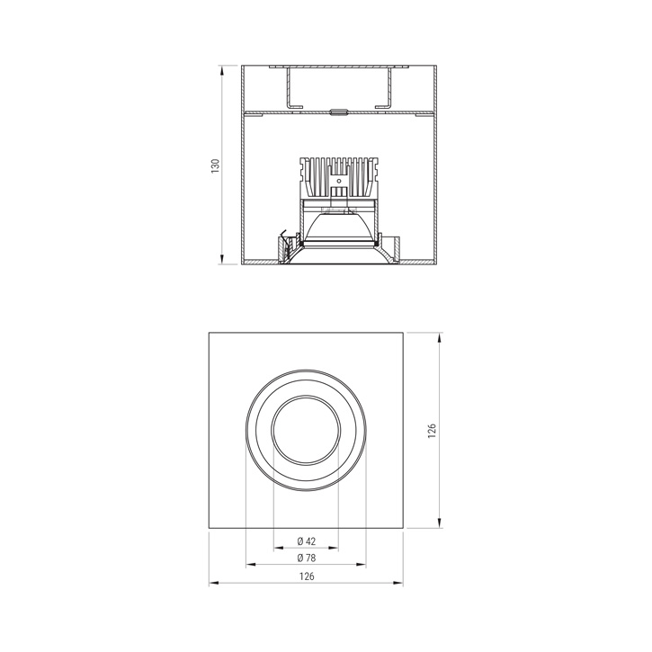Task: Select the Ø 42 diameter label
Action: click(306, 541)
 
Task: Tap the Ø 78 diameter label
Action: click(306, 558)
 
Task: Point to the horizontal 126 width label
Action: click(307, 577)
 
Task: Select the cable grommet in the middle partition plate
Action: click(338, 112)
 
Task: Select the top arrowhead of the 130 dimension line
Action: click(222, 69)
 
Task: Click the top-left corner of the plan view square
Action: click(209, 334)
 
